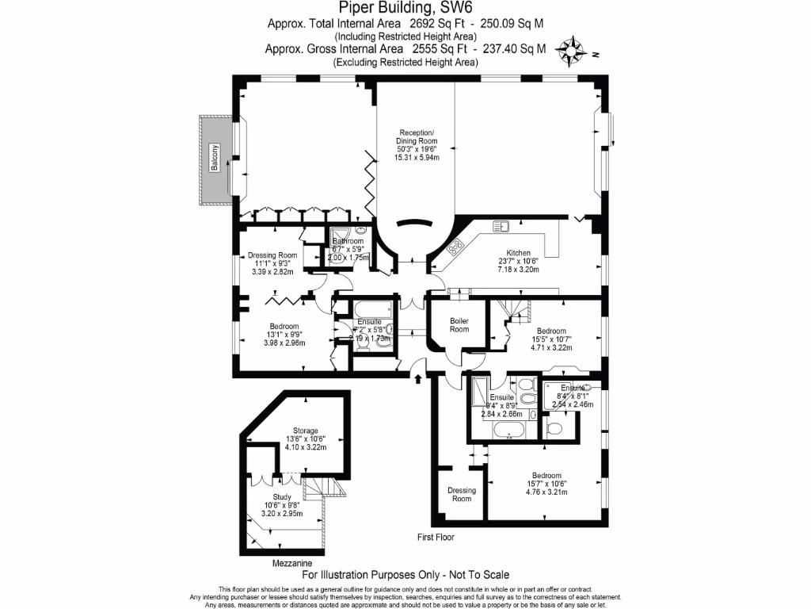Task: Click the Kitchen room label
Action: [519, 253]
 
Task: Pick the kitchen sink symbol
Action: [500, 227]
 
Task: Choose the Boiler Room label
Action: [459, 324]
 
